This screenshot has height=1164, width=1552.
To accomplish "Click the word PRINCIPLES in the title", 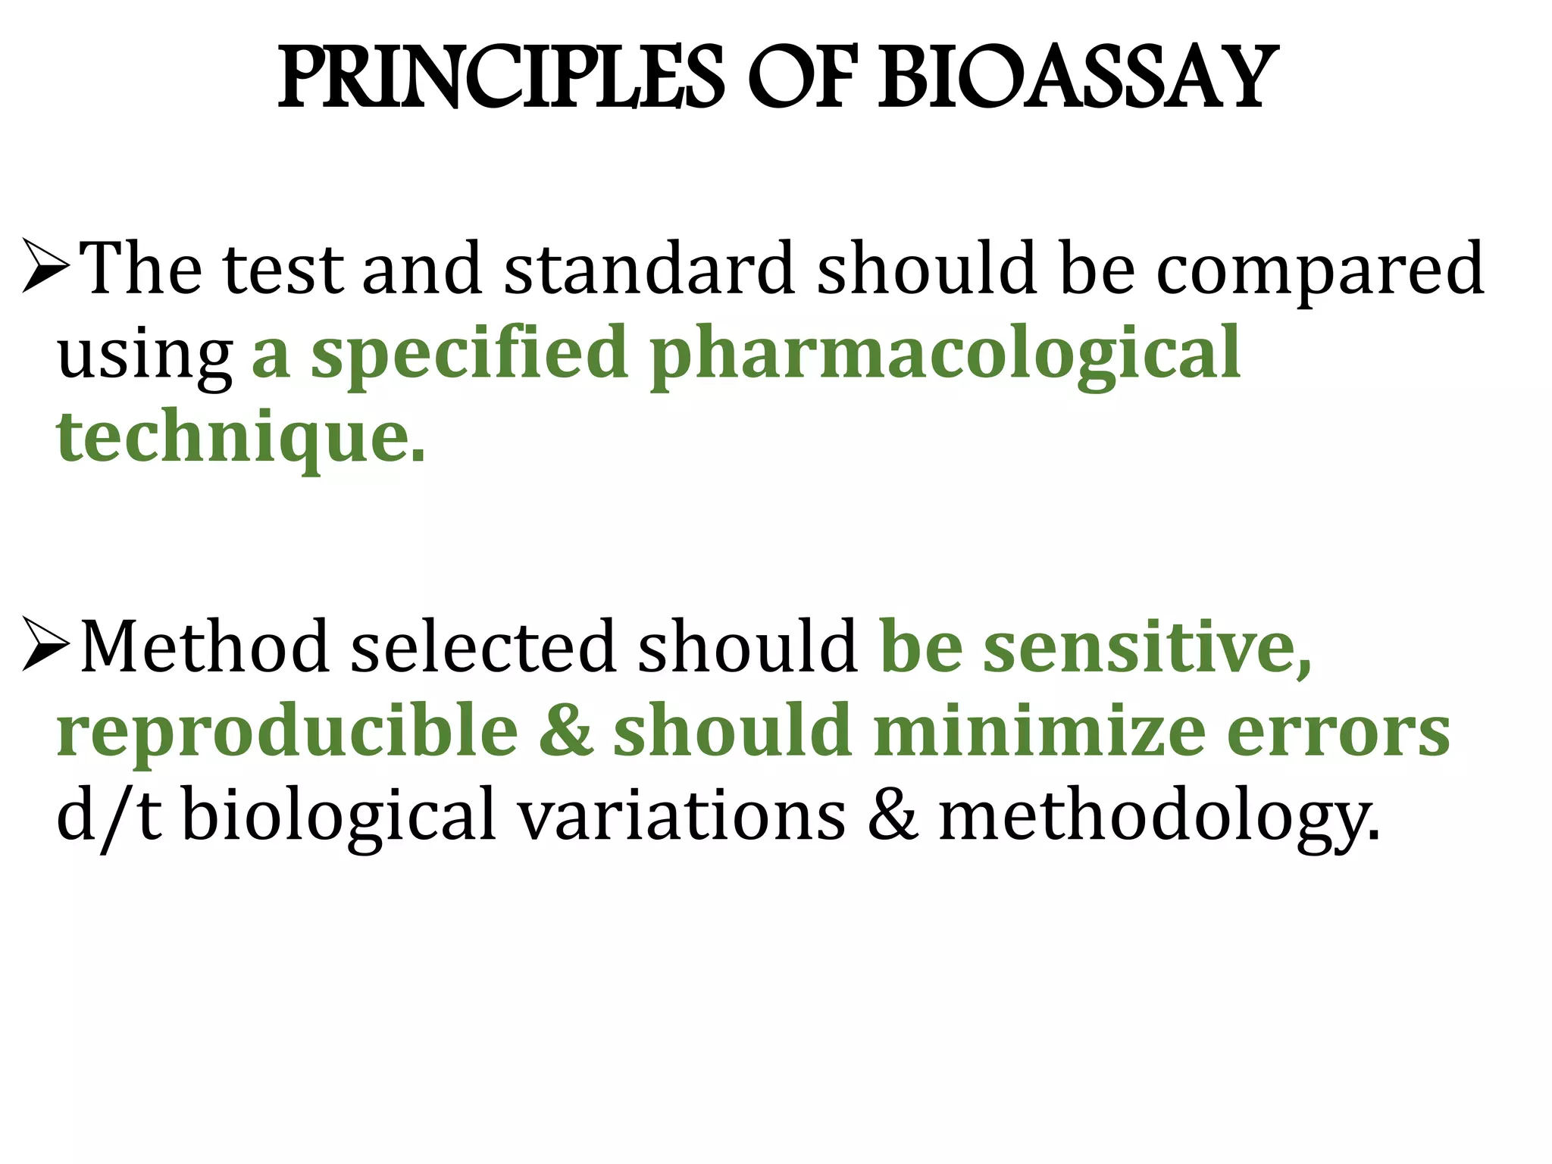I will (x=501, y=79).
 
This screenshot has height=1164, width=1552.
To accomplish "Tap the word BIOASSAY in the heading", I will (x=1077, y=79).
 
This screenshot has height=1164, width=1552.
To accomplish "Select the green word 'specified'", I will (x=469, y=353).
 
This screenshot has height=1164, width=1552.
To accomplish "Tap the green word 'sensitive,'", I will (x=1147, y=648).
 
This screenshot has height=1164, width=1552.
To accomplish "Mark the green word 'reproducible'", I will (x=287, y=731).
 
